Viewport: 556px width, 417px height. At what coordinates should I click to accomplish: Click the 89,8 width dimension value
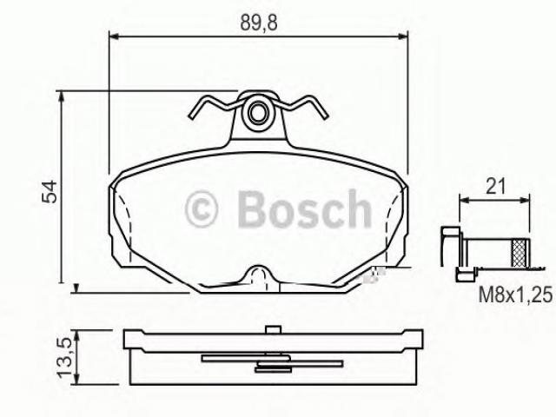pos(259,22)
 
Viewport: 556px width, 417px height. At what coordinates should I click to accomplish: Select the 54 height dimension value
pos(50,191)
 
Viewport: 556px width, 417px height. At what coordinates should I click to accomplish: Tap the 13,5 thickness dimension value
pos(66,357)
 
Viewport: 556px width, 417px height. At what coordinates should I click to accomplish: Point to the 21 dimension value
pos(495,186)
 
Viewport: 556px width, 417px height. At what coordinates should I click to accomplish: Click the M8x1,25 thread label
pos(515,295)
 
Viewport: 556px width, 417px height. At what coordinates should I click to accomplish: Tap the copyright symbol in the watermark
pos(201,208)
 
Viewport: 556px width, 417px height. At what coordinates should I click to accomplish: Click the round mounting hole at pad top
pos(258,112)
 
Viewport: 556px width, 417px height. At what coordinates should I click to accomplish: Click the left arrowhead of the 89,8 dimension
pos(114,36)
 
